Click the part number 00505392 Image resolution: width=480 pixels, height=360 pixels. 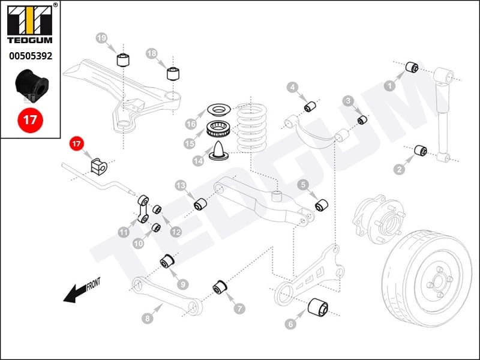[29, 56]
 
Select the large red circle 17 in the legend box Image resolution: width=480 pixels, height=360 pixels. [30, 119]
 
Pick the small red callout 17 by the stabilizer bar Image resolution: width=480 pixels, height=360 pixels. [76, 144]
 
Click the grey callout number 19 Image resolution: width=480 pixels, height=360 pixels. [101, 38]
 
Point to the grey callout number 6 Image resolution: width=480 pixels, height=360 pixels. [291, 324]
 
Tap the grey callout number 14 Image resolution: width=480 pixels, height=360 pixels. [199, 161]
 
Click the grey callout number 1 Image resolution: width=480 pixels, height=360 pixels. [389, 86]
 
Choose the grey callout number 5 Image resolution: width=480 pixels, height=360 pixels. [303, 185]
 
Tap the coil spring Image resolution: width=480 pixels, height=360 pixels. [251, 127]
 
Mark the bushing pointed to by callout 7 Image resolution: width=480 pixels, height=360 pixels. [220, 287]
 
